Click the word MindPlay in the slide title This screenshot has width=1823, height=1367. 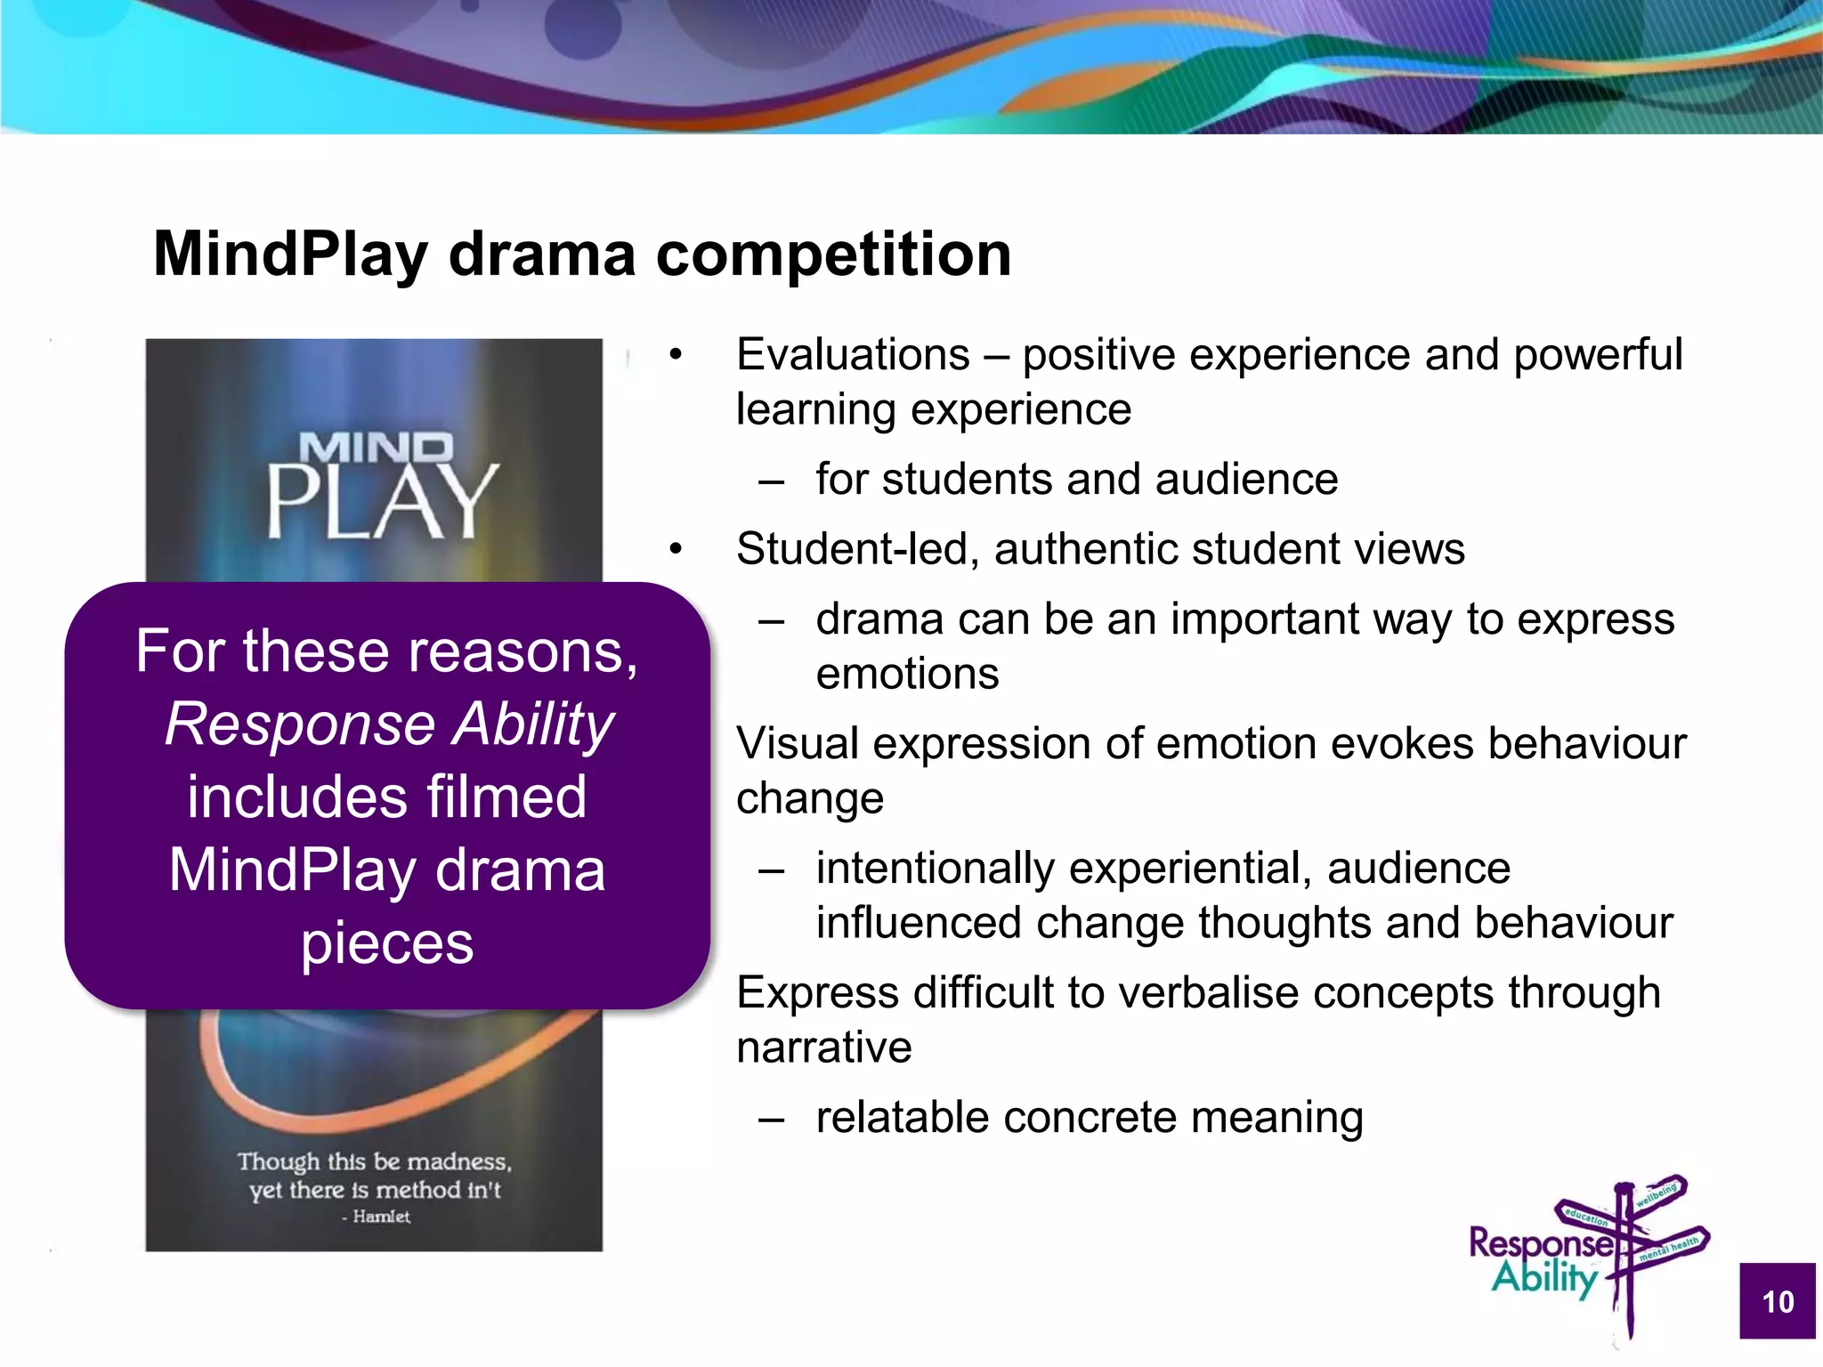click(x=291, y=255)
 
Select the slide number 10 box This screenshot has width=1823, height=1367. click(x=1778, y=1301)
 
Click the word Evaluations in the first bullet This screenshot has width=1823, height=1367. click(x=853, y=355)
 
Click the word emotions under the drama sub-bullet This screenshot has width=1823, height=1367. click(x=907, y=674)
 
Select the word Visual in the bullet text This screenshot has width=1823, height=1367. click(x=798, y=744)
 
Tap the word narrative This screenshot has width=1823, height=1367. click(x=824, y=1047)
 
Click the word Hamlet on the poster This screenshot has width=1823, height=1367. click(x=381, y=1217)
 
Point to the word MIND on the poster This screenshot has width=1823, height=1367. click(x=376, y=448)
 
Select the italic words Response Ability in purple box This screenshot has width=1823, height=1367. click(x=389, y=724)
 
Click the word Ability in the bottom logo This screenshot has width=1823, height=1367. click(x=1544, y=1278)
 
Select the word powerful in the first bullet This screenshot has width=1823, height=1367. click(x=1598, y=355)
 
